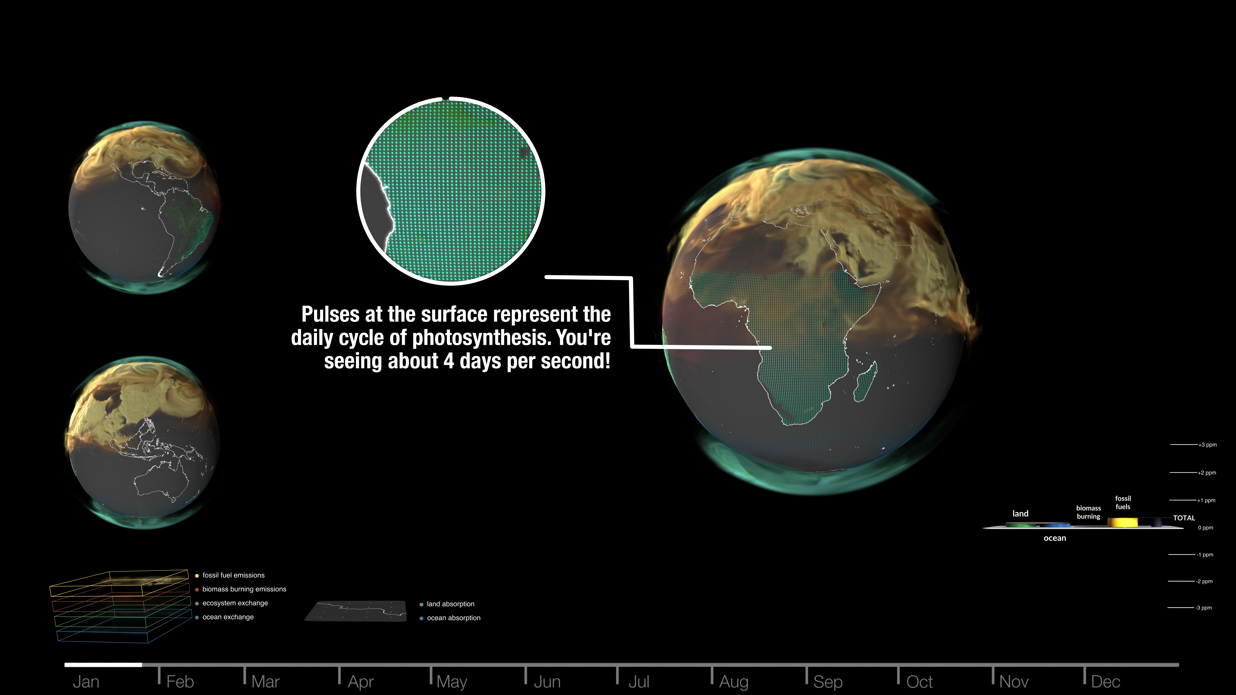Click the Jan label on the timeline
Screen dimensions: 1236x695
(x=86, y=681)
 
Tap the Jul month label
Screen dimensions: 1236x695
(x=639, y=681)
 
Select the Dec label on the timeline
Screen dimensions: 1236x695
(x=1106, y=681)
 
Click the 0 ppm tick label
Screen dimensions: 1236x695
(x=1205, y=528)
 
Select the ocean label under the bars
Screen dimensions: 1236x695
(x=1055, y=538)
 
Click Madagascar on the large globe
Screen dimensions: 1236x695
(x=865, y=382)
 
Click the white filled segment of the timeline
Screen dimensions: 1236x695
(x=103, y=665)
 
